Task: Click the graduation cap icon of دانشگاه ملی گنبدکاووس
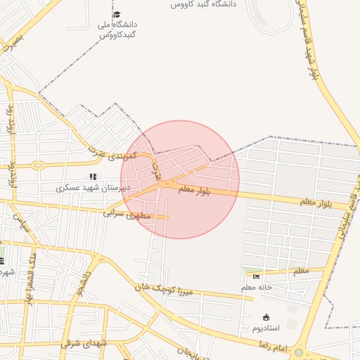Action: point(116,15)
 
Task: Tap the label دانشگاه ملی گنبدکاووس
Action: point(116,30)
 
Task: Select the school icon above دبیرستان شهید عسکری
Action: point(91,176)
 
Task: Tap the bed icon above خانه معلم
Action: point(256,276)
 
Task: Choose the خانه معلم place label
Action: point(257,287)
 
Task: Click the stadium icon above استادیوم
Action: point(266,317)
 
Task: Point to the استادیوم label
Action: point(266,328)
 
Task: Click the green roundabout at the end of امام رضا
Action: point(299,352)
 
